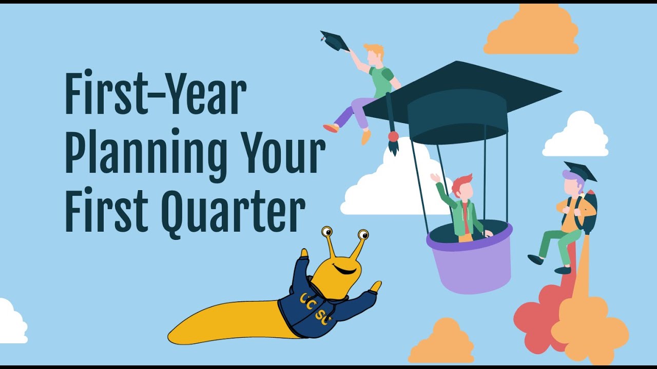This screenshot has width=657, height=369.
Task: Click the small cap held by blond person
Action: point(334,41)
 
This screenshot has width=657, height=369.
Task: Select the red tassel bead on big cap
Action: point(393,136)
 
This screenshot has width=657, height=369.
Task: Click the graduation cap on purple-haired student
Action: point(580,171)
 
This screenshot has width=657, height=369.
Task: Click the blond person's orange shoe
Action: point(366,137)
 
